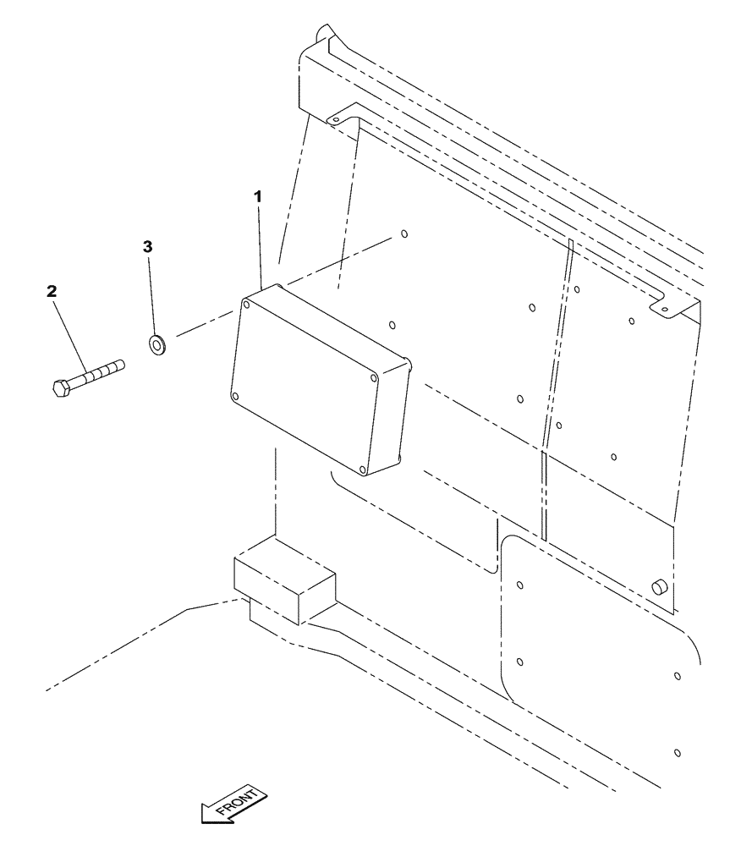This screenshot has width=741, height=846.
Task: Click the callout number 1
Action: pos(258,195)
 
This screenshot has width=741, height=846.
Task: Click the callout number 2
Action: pos(52,291)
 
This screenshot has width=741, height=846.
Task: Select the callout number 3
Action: pos(147,246)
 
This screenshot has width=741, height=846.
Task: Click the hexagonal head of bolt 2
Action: pos(60,389)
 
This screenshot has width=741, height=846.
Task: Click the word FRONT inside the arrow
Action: pos(240,804)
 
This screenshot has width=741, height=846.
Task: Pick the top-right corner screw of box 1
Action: pos(373,379)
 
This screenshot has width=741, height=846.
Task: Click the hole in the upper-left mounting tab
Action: pos(335,121)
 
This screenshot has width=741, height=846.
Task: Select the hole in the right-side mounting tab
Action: pos(665,310)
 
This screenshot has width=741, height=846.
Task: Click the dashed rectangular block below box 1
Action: pos(283,584)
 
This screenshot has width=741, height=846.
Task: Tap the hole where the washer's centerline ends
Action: pos(403,234)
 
